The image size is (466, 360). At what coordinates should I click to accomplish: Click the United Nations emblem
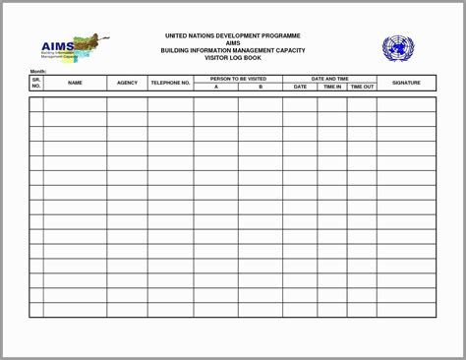point(398,49)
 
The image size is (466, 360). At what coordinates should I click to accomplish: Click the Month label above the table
point(38,72)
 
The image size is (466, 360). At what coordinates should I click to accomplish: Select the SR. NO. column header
point(36,83)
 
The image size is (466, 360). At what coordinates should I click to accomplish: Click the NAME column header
point(75,83)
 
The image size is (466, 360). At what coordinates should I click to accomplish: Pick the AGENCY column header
point(127,83)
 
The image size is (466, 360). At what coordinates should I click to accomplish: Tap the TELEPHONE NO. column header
point(170,83)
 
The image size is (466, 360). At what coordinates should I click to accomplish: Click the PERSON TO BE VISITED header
point(238,79)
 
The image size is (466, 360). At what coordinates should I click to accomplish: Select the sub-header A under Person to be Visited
point(215,87)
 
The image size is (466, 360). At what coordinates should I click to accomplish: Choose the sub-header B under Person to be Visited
point(261,87)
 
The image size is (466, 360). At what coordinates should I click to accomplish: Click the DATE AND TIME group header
point(329,79)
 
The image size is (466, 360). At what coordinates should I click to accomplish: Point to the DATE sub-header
point(300,87)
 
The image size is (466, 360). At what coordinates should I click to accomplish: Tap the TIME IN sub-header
point(331,87)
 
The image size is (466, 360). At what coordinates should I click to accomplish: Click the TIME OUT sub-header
point(362,87)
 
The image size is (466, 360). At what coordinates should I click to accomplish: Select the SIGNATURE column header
point(406,83)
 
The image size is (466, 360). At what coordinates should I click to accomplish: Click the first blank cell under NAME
point(75,104)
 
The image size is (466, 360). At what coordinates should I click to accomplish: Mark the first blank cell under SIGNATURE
point(406,104)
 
